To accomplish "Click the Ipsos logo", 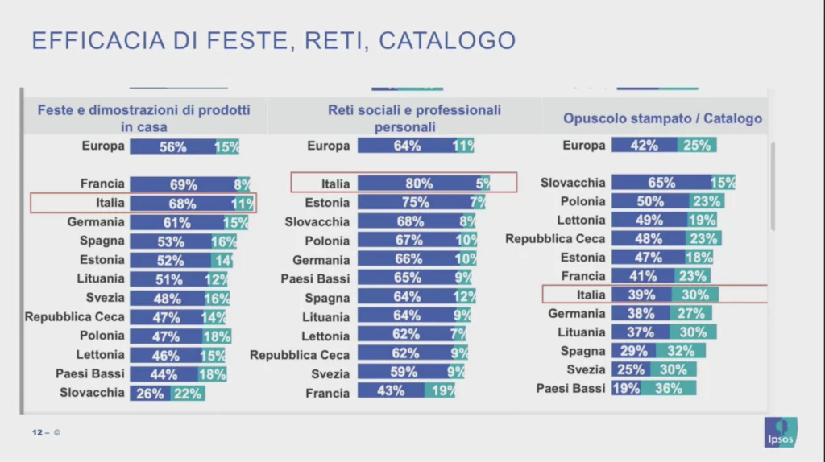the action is point(780,432).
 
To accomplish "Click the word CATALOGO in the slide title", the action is point(447,40).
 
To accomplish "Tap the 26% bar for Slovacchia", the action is point(150,393).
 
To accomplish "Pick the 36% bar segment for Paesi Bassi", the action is point(668,389).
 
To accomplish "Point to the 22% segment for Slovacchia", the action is point(187,393).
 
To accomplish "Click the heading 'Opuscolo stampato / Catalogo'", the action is point(662,118).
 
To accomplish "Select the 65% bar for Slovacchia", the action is point(661,183).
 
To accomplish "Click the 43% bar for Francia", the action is point(391,390).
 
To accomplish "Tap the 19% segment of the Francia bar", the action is point(440,390).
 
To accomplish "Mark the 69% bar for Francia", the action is point(183,184).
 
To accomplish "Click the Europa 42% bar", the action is point(645,145).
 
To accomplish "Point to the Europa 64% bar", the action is point(404,146).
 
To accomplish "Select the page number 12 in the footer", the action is point(37,432).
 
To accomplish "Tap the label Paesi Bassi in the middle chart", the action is point(315,278).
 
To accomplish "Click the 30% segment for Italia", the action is point(695,295).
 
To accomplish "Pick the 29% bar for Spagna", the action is point(633,351).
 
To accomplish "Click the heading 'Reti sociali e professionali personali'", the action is point(414,118).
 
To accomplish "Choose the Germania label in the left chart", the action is point(96,222).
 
